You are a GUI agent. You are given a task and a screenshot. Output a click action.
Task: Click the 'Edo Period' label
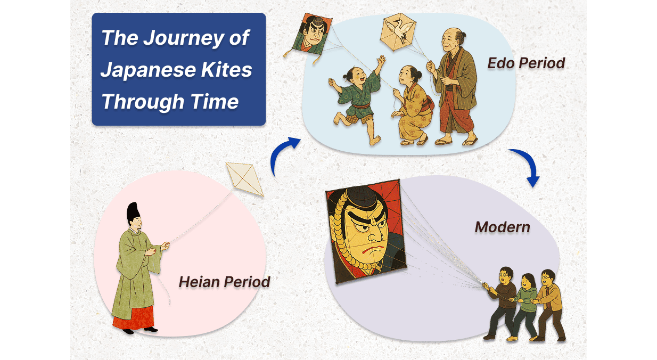tap(526, 63)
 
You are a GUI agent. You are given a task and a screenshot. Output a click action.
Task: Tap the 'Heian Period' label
tap(224, 281)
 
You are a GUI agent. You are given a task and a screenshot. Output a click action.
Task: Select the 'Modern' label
tap(502, 227)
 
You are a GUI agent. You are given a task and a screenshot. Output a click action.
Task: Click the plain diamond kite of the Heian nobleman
tap(245, 179)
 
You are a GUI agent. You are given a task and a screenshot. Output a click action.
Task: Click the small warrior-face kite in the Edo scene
tap(314, 36)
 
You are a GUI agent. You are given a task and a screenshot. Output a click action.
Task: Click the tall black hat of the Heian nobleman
tap(133, 213)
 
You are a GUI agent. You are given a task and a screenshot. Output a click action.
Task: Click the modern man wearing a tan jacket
tap(548, 301)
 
